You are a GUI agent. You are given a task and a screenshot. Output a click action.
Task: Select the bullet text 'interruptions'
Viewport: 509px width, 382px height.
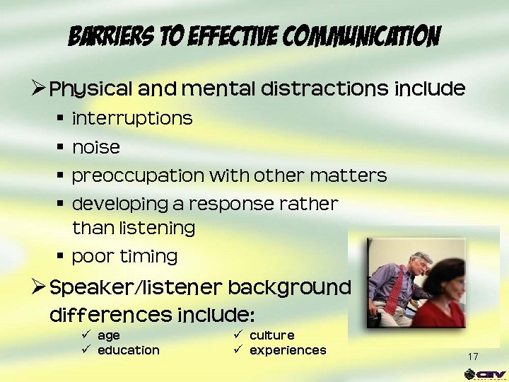pyautogui.click(x=132, y=118)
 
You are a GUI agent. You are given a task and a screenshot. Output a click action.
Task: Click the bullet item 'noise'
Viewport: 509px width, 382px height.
pyautogui.click(x=96, y=147)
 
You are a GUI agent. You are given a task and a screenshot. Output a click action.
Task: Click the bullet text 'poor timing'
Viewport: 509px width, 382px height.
pyautogui.click(x=124, y=256)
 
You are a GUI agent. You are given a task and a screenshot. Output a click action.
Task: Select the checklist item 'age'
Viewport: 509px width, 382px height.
pyautogui.click(x=108, y=335)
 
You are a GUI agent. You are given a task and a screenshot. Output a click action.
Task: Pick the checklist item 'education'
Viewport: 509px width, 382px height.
pyautogui.click(x=128, y=350)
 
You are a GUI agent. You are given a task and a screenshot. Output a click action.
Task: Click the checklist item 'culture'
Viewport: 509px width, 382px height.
pyautogui.click(x=271, y=335)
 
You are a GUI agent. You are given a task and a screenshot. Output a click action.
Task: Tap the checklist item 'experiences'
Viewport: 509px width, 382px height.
pyautogui.click(x=288, y=350)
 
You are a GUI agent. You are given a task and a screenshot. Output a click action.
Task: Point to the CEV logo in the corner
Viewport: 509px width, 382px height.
pyautogui.click(x=484, y=374)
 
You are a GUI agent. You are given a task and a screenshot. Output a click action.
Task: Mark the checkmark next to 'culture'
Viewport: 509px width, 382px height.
pyautogui.click(x=238, y=335)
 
